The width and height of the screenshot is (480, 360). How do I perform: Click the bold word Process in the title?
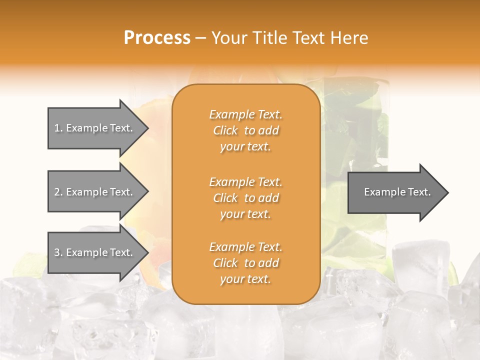point(157,38)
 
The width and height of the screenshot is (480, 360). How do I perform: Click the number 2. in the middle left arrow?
point(58,192)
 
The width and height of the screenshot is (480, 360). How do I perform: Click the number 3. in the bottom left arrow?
point(58,252)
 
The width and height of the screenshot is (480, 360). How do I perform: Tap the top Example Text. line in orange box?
point(245,114)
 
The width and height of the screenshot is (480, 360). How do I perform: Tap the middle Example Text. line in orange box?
point(245,182)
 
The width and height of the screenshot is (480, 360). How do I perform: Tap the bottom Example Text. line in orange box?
point(245,247)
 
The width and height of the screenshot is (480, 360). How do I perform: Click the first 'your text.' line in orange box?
point(245,146)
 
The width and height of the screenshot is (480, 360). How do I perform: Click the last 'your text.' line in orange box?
point(245,279)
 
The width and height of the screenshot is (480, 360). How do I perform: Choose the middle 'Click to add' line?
point(245,198)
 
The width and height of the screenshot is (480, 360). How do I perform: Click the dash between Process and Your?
point(201,38)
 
